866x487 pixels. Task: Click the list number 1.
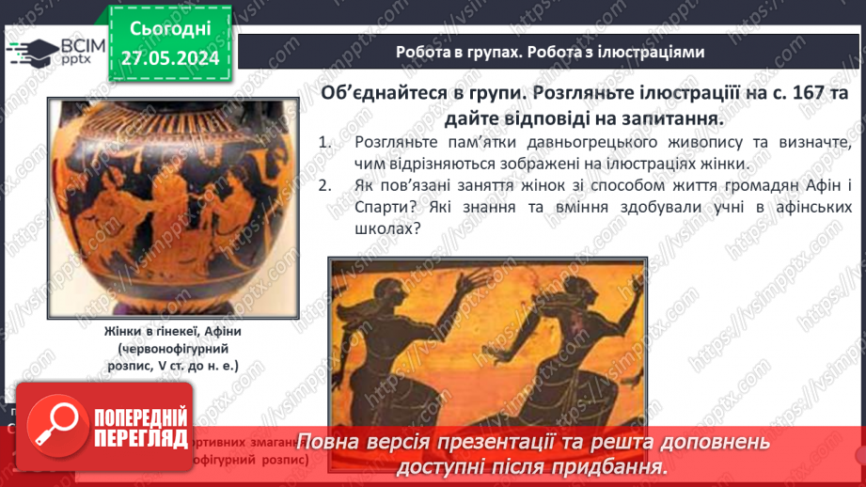point(325,142)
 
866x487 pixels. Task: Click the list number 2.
point(325,185)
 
